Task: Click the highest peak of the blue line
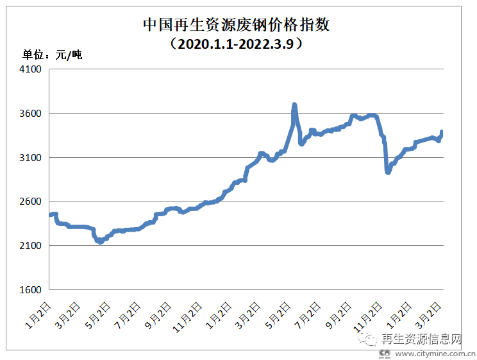pyautogui.click(x=294, y=105)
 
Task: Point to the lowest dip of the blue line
pyautogui.click(x=100, y=241)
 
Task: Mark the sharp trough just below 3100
pyautogui.click(x=388, y=172)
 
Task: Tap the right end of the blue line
pyautogui.click(x=442, y=132)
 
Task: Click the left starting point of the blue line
pyautogui.click(x=51, y=214)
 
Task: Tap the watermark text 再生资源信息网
pyautogui.click(x=421, y=339)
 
